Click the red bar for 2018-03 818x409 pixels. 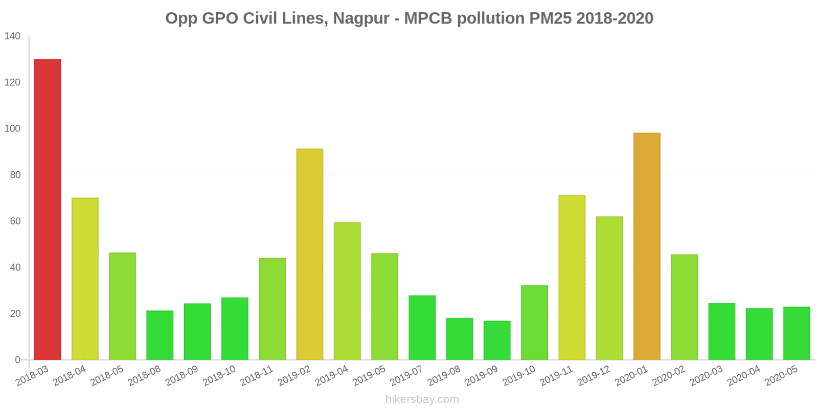(x=48, y=210)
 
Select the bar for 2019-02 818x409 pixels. (x=310, y=254)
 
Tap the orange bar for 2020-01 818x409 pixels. (x=647, y=246)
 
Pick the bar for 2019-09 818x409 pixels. (x=497, y=340)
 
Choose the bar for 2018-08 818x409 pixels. (x=160, y=335)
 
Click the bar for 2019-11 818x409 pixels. (x=572, y=278)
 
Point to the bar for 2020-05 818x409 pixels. (x=797, y=333)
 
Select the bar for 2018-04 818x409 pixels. (x=85, y=279)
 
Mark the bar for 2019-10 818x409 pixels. (x=534, y=323)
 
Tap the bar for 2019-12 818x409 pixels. (x=609, y=288)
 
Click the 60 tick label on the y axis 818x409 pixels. (x=15, y=221)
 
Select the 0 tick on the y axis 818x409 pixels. (x=17, y=360)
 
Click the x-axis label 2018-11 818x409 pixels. (x=257, y=376)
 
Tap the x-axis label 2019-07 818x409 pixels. (x=407, y=376)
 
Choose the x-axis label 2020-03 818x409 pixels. (x=707, y=376)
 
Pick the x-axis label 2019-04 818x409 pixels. (x=332, y=376)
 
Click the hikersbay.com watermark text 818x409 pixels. (x=422, y=399)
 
